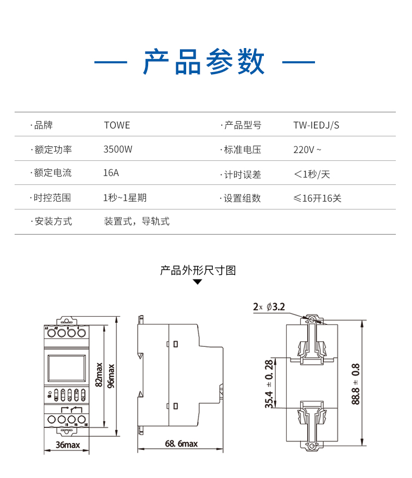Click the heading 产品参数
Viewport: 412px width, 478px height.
[x=204, y=63]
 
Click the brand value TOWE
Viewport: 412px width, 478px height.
[x=117, y=125]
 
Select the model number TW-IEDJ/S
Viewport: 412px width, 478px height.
[x=316, y=125]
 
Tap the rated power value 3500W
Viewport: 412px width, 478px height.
[x=118, y=150]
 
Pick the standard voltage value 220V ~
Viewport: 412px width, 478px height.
[x=307, y=150]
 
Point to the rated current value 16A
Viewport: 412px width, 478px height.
[x=111, y=173]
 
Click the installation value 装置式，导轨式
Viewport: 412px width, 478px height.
[x=137, y=221]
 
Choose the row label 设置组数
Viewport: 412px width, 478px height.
[x=242, y=199]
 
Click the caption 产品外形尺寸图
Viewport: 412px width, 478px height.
[x=198, y=271]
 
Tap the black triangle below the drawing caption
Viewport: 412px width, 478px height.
[x=198, y=282]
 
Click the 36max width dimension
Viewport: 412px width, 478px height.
[x=68, y=445]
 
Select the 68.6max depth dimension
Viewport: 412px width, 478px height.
[x=181, y=444]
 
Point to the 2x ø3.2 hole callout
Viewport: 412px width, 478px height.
[x=269, y=307]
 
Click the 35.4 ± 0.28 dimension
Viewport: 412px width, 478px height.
[x=269, y=383]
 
